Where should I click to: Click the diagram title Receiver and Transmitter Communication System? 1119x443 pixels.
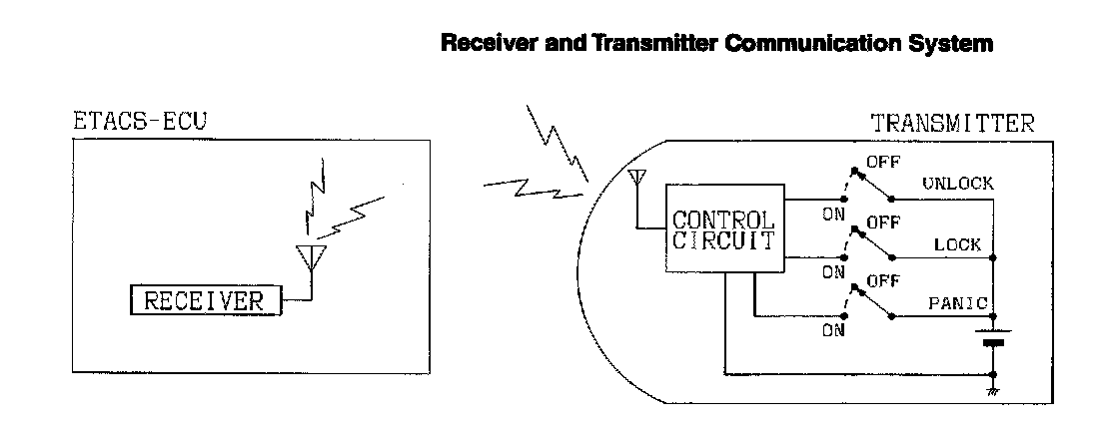(716, 45)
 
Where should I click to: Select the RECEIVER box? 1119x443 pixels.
(206, 300)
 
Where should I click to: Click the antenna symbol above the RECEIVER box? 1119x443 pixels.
(313, 257)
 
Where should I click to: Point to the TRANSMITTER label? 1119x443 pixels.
(952, 125)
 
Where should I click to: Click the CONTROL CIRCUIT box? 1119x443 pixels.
(722, 229)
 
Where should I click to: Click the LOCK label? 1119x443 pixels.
(957, 244)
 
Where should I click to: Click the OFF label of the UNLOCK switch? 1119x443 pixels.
(879, 162)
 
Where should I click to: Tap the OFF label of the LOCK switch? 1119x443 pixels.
(879, 221)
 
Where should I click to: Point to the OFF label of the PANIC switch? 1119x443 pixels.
(879, 281)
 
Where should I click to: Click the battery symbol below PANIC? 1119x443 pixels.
(993, 337)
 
